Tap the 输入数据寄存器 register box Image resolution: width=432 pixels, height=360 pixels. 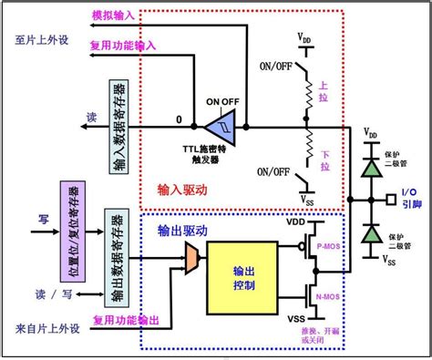pos(116,127)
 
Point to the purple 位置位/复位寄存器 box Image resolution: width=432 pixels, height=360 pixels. pos(68,220)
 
